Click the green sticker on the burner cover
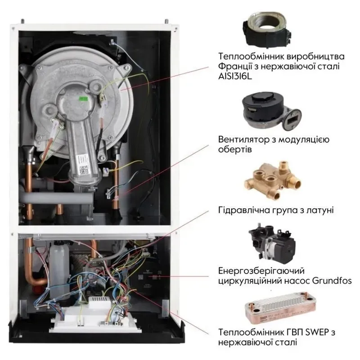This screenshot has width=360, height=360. coord(83,99)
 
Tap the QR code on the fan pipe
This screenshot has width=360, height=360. coord(84,170)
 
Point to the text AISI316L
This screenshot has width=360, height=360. coord(235,76)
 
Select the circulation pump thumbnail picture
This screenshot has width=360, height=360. coord(272,244)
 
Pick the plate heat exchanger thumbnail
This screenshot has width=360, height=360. coord(280,307)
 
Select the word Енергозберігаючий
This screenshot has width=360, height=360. coord(261,271)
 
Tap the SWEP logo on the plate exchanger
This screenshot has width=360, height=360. coord(263,319)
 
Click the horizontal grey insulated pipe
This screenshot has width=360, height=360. coord(58,198)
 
